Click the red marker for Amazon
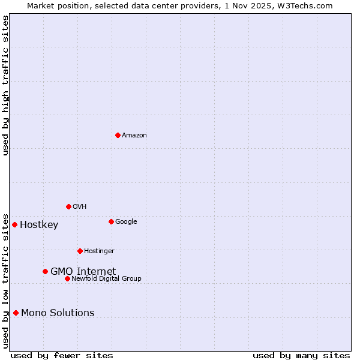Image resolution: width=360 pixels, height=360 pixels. pyautogui.click(x=118, y=135)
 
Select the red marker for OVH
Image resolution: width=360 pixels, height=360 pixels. pyautogui.click(x=68, y=206)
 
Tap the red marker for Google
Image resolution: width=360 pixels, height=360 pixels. pyautogui.click(x=111, y=221)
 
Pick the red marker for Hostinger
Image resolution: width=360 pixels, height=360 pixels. pyautogui.click(x=80, y=251)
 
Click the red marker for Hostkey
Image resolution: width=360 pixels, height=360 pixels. pyautogui.click(x=14, y=224)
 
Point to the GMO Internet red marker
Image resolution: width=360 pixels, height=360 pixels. pyautogui.click(x=45, y=271)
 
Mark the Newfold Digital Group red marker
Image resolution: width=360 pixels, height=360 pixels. pyautogui.click(x=67, y=278)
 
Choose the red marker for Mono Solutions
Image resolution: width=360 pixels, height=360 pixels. pyautogui.click(x=16, y=313)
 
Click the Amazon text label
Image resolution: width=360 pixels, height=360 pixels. pyautogui.click(x=134, y=135)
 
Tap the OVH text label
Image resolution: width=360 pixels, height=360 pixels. pyautogui.click(x=80, y=206)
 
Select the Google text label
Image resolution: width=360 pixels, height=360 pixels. pyautogui.click(x=126, y=221)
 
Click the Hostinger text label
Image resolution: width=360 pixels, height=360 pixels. pyautogui.click(x=99, y=251)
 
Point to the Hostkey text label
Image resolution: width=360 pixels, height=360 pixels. pyautogui.click(x=39, y=225)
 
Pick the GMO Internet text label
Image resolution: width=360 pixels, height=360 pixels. pyautogui.click(x=83, y=271)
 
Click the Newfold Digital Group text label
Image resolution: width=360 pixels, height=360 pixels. pyautogui.click(x=106, y=278)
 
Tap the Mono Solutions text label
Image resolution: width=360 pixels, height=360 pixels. pyautogui.click(x=58, y=313)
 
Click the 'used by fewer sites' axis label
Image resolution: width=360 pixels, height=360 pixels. pyautogui.click(x=62, y=355)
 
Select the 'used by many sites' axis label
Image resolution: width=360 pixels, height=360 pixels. pyautogui.click(x=301, y=355)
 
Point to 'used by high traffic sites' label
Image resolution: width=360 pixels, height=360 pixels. pyautogui.click(x=5, y=85)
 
